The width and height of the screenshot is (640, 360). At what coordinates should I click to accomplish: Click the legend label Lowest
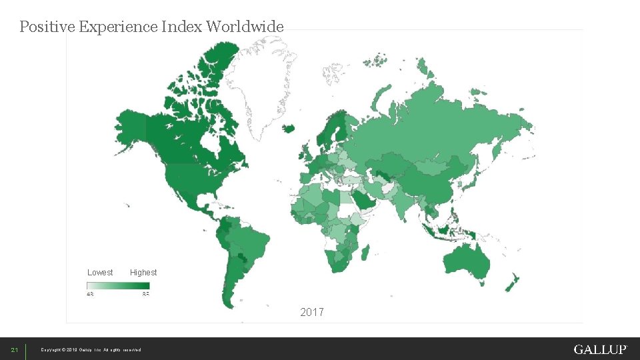click(x=100, y=272)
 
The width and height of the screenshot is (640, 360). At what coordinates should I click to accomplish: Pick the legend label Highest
click(x=143, y=272)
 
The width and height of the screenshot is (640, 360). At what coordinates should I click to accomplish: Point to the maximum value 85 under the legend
click(x=146, y=294)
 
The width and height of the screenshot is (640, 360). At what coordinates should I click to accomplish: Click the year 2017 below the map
click(x=312, y=312)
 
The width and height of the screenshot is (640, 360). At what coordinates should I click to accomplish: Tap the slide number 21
click(x=13, y=350)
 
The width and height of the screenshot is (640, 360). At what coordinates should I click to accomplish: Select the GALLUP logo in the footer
click(x=600, y=349)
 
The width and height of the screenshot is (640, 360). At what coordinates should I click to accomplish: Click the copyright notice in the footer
click(x=91, y=350)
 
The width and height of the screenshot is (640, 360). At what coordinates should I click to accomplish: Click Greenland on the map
click(x=263, y=80)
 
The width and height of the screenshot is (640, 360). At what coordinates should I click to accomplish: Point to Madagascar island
click(x=365, y=253)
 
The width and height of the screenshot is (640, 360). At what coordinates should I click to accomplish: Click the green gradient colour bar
click(x=118, y=286)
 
